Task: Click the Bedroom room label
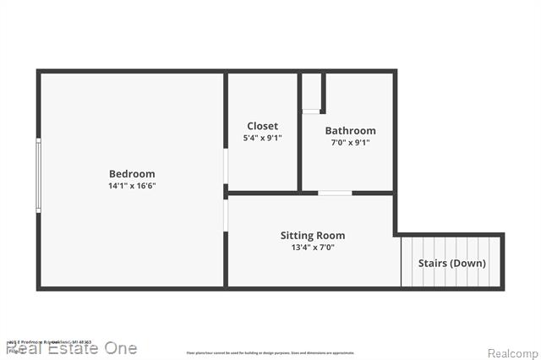pyautogui.click(x=132, y=174)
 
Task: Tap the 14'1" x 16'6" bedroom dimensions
pyautogui.click(x=132, y=186)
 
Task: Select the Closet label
pyautogui.click(x=263, y=126)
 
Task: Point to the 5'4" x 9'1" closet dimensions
pyautogui.click(x=263, y=138)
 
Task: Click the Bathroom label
pyautogui.click(x=350, y=131)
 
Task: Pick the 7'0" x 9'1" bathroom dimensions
pyautogui.click(x=350, y=143)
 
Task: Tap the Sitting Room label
pyautogui.click(x=313, y=236)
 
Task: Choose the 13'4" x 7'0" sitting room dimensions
pyautogui.click(x=313, y=248)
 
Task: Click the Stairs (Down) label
pyautogui.click(x=452, y=263)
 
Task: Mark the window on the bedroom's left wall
pyautogui.click(x=38, y=175)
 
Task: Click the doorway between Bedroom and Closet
pyautogui.click(x=226, y=166)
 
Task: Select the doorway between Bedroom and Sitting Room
pyautogui.click(x=226, y=215)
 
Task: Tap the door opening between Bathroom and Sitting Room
pyautogui.click(x=335, y=194)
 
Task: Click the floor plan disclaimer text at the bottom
pyautogui.click(x=270, y=352)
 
